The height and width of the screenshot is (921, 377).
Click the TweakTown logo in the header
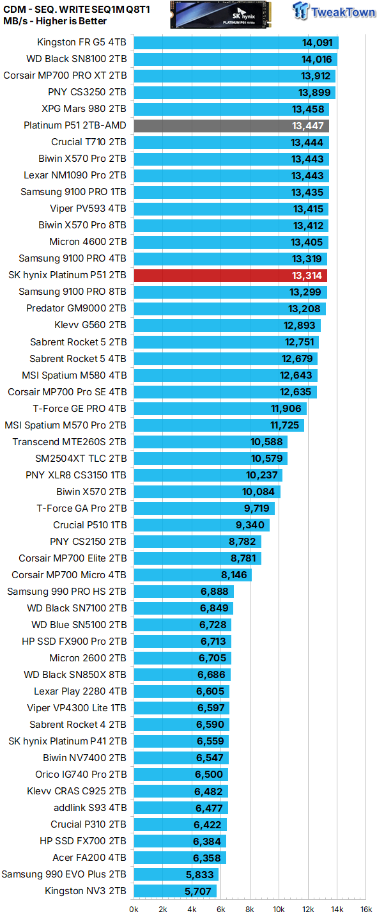tap(334, 13)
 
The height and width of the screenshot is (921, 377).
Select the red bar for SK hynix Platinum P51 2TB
tap(230, 275)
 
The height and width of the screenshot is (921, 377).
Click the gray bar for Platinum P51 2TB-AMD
tap(231, 125)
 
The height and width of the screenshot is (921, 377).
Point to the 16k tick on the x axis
tap(365, 909)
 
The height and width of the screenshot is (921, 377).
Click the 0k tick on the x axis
tap(134, 909)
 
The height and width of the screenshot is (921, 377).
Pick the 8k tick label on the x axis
tap(250, 909)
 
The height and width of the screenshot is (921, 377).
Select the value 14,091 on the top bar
tap(318, 43)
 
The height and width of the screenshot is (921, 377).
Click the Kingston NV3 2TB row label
tap(86, 890)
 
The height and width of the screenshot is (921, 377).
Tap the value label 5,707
tap(198, 890)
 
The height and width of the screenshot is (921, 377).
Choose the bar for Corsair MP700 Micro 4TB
tap(192, 574)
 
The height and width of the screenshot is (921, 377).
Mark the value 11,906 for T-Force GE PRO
tap(286, 408)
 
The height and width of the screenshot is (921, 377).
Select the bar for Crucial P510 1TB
tap(201, 524)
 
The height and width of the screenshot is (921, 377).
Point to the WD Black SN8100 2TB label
tap(76, 59)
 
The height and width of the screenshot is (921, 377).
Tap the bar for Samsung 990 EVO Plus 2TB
tap(176, 874)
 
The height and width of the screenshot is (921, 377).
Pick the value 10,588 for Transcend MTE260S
tap(267, 441)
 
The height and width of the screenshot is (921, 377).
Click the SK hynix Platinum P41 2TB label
tap(68, 741)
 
